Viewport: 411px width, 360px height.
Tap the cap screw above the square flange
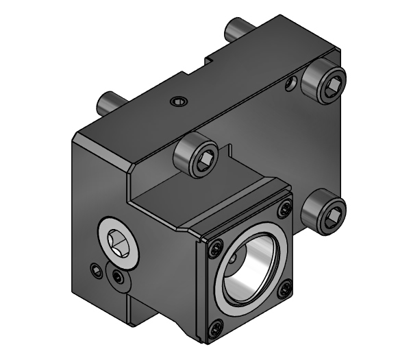pyautogui.click(x=197, y=156)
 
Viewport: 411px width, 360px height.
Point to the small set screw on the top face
pyautogui.click(x=178, y=103)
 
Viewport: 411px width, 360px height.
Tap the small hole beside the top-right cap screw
pyautogui.click(x=291, y=85)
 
